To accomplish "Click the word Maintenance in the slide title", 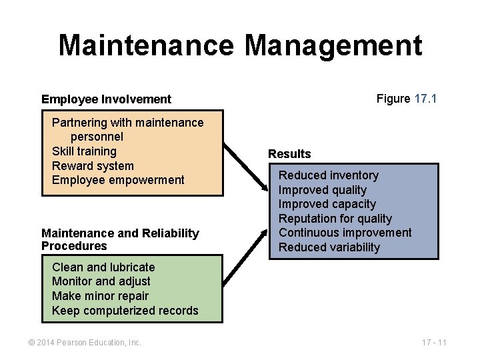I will click(147, 45).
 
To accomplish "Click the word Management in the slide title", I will click(333, 45).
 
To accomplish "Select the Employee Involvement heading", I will click(106, 99).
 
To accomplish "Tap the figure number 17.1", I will click(425, 99).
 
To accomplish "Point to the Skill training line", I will click(84, 151).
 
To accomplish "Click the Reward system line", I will click(93, 166).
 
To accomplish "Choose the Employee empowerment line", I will click(118, 180).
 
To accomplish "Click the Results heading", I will click(289, 154).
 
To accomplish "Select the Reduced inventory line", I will click(328, 175).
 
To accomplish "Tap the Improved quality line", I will click(323, 190).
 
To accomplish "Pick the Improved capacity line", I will click(327, 204).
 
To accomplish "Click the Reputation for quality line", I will click(335, 219).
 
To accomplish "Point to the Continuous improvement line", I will click(345, 233).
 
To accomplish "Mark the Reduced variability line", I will click(329, 247).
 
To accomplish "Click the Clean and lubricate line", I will click(103, 267).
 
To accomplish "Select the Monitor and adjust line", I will click(101, 281).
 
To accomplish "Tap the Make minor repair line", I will click(100, 296).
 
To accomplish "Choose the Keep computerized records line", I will click(125, 311).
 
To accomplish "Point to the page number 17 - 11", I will click(434, 343).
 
